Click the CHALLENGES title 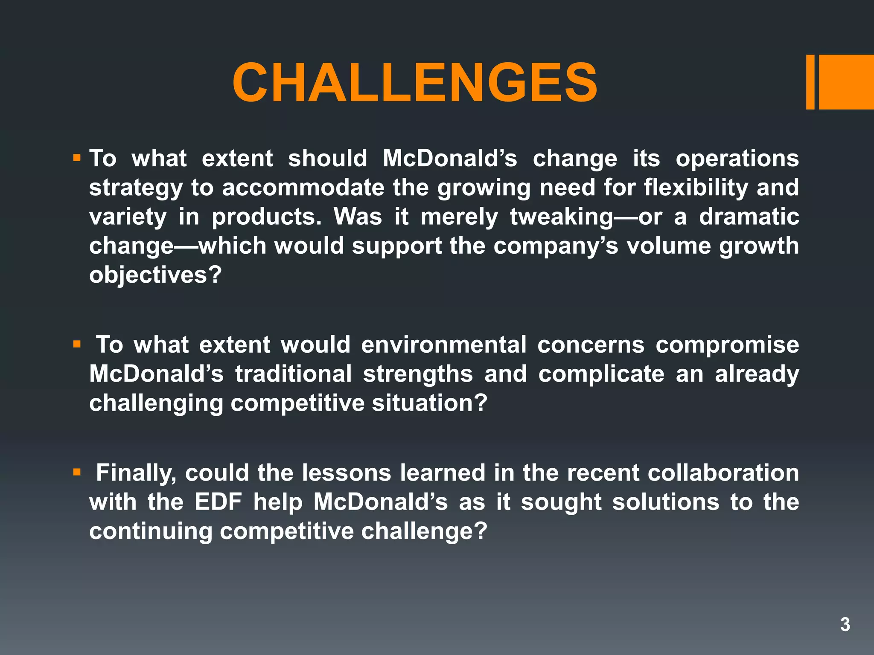tap(415, 83)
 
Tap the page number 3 tap(845, 624)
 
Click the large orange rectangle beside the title tap(846, 82)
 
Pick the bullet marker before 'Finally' tap(77, 472)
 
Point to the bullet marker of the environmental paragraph tap(77, 344)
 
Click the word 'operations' tap(737, 159)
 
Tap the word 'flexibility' tap(696, 188)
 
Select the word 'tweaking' tap(562, 217)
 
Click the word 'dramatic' tap(749, 217)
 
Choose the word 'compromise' tap(727, 345)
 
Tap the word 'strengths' tap(418, 374)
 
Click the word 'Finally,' tap(136, 473)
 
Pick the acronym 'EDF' tap(218, 502)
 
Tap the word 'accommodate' tap(303, 188)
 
